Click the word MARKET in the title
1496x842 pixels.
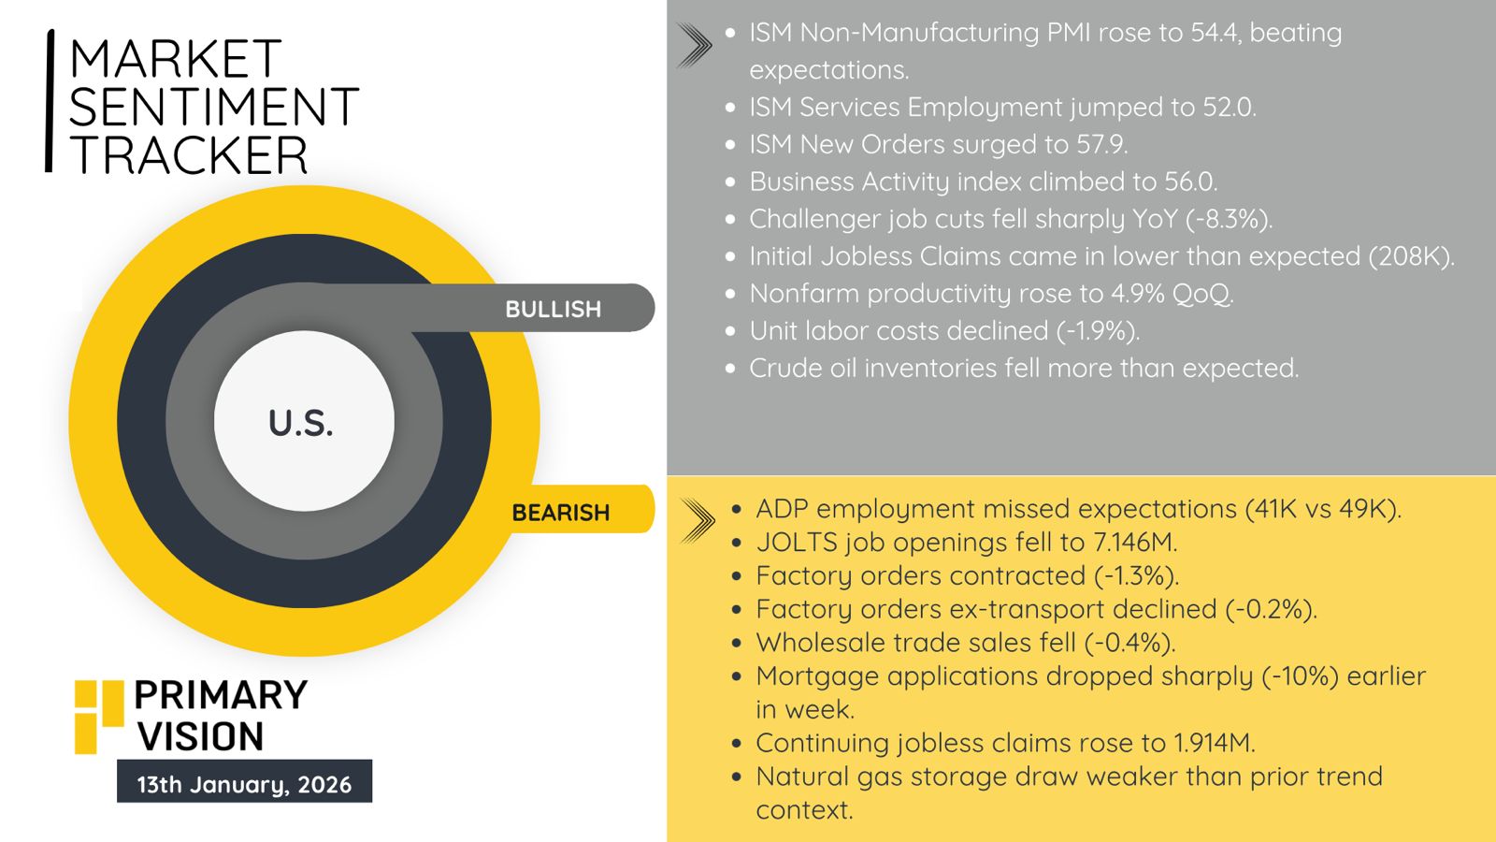coord(175,59)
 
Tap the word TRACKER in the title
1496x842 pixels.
coord(188,155)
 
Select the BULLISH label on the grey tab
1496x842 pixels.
coord(553,309)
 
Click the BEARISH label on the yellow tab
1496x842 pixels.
coord(560,513)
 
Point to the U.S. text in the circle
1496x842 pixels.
coord(300,423)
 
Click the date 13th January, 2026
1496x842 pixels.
coord(244,784)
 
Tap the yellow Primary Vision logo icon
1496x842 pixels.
coord(98,717)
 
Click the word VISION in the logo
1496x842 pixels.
coord(201,736)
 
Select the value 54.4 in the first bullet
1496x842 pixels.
coord(1214,33)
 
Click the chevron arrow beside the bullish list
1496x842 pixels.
coord(694,45)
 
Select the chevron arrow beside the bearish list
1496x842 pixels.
coord(698,520)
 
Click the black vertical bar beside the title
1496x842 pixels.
coord(50,101)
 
